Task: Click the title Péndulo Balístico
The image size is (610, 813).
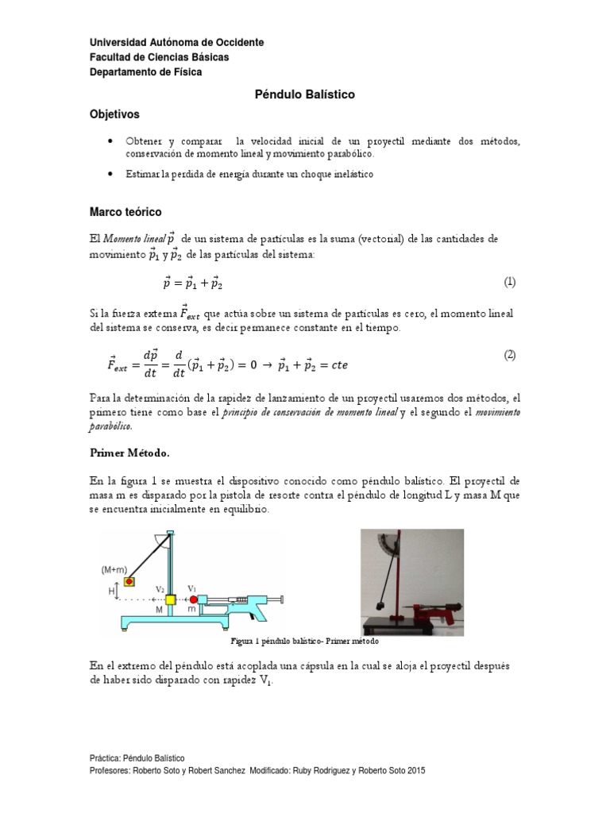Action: [x=304, y=94]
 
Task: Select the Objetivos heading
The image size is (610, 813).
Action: [x=114, y=114]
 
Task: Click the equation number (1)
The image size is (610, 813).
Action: [x=510, y=282]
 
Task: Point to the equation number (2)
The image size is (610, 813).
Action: [x=510, y=355]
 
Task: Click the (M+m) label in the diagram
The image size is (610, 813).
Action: [x=115, y=569]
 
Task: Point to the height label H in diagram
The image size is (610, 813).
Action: [x=112, y=590]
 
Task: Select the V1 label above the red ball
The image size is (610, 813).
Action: [x=191, y=588]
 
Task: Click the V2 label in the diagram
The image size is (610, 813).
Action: [x=160, y=589]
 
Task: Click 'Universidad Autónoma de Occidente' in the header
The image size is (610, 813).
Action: [x=176, y=42]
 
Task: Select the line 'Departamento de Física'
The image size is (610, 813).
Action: [x=145, y=72]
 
